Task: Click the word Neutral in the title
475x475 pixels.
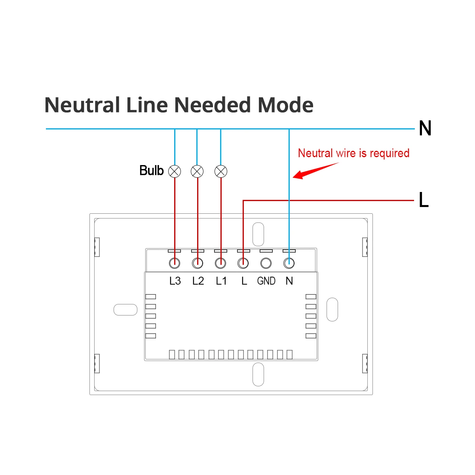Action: (x=82, y=105)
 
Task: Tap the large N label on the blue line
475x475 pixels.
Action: (x=425, y=129)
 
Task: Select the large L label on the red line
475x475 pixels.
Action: (x=424, y=200)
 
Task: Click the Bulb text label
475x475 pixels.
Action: (x=151, y=171)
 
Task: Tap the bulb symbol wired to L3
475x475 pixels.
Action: (x=175, y=171)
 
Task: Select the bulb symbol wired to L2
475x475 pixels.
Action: (x=197, y=171)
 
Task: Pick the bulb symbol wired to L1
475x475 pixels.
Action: (x=220, y=171)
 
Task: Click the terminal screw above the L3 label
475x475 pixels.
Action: (x=175, y=263)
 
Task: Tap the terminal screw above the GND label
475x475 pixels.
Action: (x=266, y=263)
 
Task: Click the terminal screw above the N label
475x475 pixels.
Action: (x=289, y=263)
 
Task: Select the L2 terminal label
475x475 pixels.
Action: (x=198, y=281)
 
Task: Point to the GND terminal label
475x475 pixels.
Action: (x=266, y=281)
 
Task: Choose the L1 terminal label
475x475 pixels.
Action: (x=221, y=281)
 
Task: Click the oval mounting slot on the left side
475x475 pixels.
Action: (x=125, y=310)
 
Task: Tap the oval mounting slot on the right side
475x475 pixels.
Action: (x=332, y=310)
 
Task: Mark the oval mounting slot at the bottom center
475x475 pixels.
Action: (x=258, y=374)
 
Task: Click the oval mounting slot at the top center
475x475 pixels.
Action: (x=258, y=234)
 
